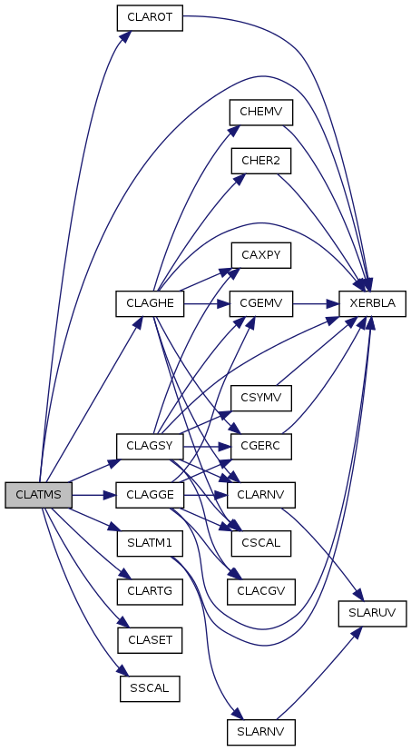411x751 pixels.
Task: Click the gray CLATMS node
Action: (x=38, y=495)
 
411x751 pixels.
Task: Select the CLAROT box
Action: (x=150, y=18)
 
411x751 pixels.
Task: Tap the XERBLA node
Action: (x=372, y=303)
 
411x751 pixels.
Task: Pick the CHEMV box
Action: (x=260, y=113)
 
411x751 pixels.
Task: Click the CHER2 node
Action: (x=260, y=161)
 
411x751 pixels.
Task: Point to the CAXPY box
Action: (x=260, y=255)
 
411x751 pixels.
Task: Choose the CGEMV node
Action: (x=260, y=303)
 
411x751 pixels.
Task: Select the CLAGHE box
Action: (x=150, y=303)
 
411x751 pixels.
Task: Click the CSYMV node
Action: (x=260, y=398)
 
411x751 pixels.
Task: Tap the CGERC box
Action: (x=260, y=447)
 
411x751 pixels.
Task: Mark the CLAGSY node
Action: (x=150, y=447)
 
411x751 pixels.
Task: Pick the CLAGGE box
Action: (x=150, y=495)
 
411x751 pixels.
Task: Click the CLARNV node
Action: (x=260, y=495)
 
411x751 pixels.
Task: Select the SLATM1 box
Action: (x=150, y=543)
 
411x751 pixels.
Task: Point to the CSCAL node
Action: (x=260, y=543)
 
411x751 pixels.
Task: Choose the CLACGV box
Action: (x=260, y=591)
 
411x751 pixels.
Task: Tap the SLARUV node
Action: (x=372, y=613)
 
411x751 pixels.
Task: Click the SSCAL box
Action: (x=150, y=688)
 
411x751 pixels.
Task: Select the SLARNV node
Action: (x=260, y=732)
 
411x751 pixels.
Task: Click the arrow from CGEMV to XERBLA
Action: (x=316, y=303)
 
